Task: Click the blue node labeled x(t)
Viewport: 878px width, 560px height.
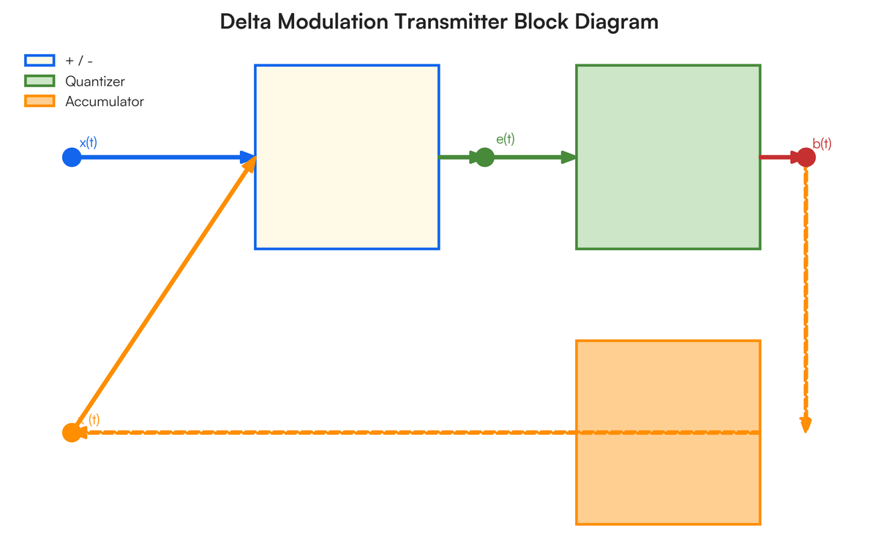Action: click(71, 157)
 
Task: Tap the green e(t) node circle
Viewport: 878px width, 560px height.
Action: click(484, 157)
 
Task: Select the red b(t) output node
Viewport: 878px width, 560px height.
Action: click(806, 157)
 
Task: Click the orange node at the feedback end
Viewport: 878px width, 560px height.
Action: click(71, 433)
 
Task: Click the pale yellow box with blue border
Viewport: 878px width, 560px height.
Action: click(347, 157)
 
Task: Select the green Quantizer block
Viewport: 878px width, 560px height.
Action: click(668, 157)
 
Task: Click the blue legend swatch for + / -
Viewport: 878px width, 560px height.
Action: click(40, 61)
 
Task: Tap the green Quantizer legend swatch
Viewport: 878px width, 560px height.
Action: click(40, 81)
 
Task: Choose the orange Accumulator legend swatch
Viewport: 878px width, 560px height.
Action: click(40, 102)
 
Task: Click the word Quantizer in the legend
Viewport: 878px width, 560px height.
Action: click(94, 81)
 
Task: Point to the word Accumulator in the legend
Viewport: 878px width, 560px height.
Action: click(105, 102)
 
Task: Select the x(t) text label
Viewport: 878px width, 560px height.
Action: click(88, 143)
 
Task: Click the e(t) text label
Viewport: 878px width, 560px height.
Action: click(505, 139)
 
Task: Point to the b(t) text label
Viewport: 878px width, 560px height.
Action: click(822, 144)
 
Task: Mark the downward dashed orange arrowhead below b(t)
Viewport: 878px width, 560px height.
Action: click(806, 425)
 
